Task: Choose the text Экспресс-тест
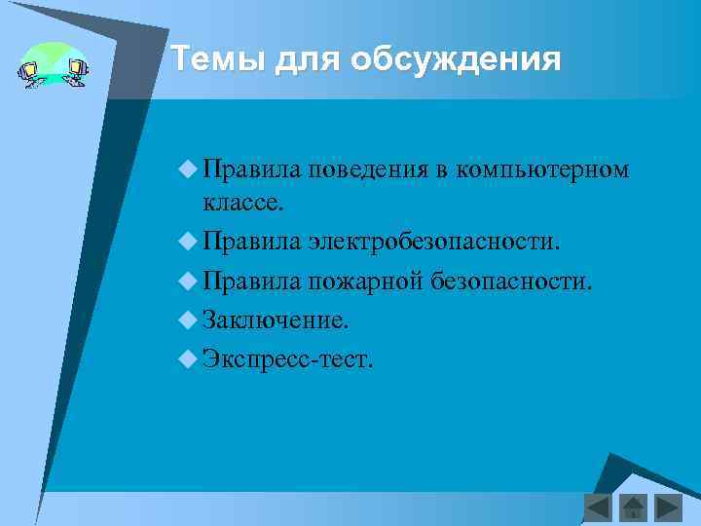pyautogui.click(x=288, y=358)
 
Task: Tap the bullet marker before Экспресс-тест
pyautogui.click(x=188, y=358)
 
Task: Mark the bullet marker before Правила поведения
pyautogui.click(x=188, y=169)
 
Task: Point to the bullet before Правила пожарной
pyautogui.click(x=188, y=281)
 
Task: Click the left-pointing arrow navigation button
pyautogui.click(x=598, y=507)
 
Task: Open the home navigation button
pyautogui.click(x=633, y=507)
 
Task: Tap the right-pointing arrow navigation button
pyautogui.click(x=668, y=507)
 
